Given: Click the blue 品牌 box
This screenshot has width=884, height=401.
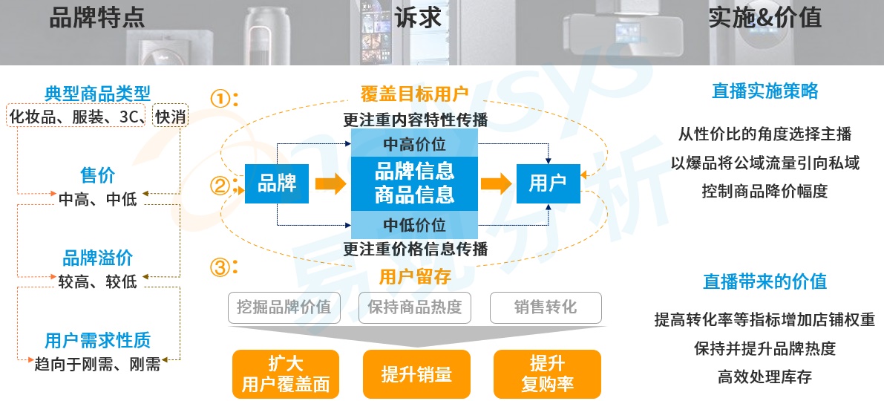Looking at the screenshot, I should pos(276,183).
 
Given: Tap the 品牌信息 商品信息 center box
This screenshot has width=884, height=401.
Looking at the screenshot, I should pos(414,183).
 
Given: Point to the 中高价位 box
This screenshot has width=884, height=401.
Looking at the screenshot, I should pos(414,143).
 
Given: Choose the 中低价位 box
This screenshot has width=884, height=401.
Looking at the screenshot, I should pos(414,224).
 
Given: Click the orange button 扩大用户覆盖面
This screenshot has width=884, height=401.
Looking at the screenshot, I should pos(285,374).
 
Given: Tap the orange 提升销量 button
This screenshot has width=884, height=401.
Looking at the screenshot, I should pos(416,374).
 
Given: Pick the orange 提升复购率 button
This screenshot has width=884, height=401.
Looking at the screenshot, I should pos(547,374).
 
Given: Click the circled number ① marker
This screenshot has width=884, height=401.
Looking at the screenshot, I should pos(220,99).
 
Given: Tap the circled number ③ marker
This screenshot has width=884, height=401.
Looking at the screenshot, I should pos(220,267).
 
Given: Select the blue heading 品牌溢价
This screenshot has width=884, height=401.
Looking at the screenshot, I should pos(97,258).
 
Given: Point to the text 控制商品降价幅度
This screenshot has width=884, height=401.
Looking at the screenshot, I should pos(765,191).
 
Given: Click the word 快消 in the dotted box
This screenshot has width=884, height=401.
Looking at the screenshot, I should pos(170,116).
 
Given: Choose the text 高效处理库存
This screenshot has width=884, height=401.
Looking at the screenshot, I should pos(765,376).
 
